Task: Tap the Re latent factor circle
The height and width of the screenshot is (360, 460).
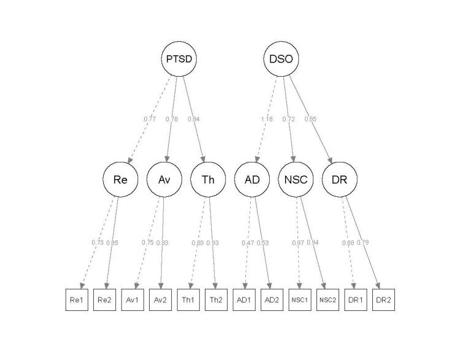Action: (x=120, y=180)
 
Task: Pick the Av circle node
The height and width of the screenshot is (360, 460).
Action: (x=163, y=180)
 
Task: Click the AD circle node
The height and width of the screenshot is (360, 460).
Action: (x=251, y=180)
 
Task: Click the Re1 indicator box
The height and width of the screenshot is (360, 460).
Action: (x=78, y=301)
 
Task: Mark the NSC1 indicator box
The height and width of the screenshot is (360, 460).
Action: (x=299, y=301)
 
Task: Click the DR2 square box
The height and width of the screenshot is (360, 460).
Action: (x=383, y=301)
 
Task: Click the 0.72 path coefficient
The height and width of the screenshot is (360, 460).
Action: (x=288, y=119)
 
